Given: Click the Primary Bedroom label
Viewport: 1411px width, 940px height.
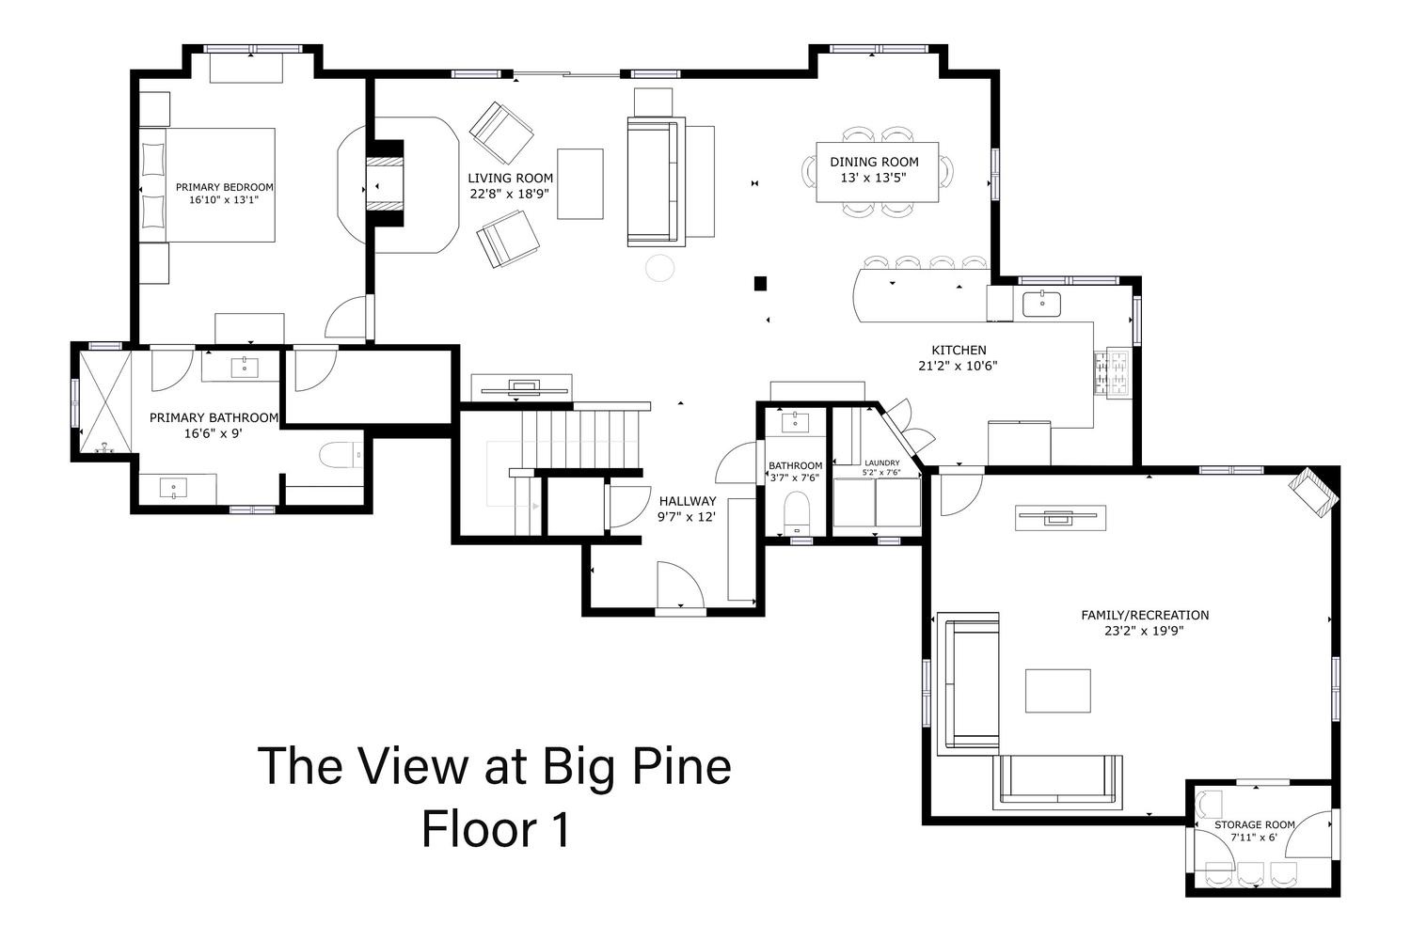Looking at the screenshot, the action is pyautogui.click(x=224, y=187).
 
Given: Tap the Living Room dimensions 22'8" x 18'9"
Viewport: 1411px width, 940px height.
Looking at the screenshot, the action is pyautogui.click(x=510, y=194).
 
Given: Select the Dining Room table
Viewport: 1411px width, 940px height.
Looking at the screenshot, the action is pyautogui.click(x=877, y=172).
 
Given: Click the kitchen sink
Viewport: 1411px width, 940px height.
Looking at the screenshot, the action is pyautogui.click(x=1041, y=305).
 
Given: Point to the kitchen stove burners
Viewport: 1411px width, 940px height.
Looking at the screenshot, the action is pyautogui.click(x=1113, y=374).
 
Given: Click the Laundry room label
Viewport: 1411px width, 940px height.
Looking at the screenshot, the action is pyautogui.click(x=882, y=462).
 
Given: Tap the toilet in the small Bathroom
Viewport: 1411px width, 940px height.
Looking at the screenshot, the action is pyautogui.click(x=797, y=512).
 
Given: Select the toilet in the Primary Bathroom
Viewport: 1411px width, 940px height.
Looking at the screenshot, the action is pyautogui.click(x=341, y=455).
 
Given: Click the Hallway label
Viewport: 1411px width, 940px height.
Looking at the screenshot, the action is pyautogui.click(x=688, y=501).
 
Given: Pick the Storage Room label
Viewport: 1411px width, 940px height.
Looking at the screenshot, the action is pyautogui.click(x=1254, y=824).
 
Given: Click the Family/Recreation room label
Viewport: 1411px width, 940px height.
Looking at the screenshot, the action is pyautogui.click(x=1145, y=615).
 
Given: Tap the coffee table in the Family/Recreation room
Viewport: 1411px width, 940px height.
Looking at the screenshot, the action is pyautogui.click(x=1057, y=691).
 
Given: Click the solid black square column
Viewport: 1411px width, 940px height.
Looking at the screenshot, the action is pyautogui.click(x=760, y=284).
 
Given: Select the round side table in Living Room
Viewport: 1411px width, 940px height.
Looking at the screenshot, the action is pyautogui.click(x=660, y=268).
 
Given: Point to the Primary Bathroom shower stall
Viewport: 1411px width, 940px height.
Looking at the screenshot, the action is pyautogui.click(x=104, y=402).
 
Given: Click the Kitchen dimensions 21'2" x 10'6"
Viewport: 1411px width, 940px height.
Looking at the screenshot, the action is pyautogui.click(x=958, y=366).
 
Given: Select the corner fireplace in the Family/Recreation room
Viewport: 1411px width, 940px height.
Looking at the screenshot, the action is pyautogui.click(x=1312, y=492).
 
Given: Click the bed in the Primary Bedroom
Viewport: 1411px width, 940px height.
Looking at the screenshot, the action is pyautogui.click(x=207, y=185).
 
